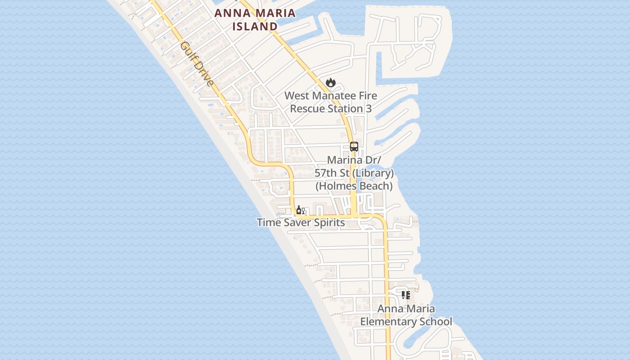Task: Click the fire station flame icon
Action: [x=331, y=82]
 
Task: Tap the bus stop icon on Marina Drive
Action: [x=354, y=146]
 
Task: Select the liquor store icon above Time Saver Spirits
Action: [x=299, y=210]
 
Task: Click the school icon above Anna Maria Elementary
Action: [x=406, y=295]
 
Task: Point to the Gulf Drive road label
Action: [x=196, y=64]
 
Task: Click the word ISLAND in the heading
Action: [x=255, y=27]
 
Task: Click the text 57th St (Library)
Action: [x=354, y=173]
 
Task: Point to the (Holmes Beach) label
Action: [x=354, y=186]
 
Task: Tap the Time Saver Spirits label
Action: [x=301, y=222]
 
